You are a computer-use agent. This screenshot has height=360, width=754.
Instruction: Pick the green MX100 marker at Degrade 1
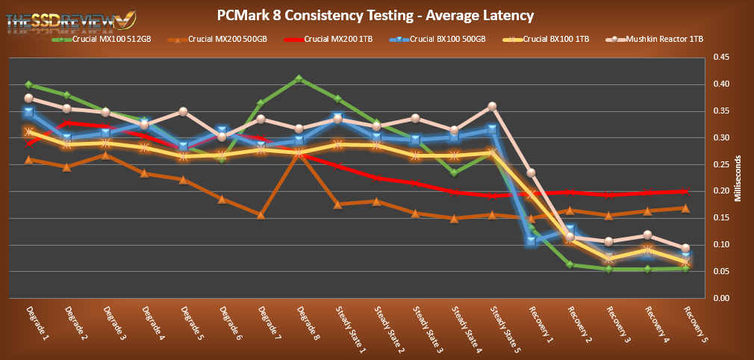(29, 84)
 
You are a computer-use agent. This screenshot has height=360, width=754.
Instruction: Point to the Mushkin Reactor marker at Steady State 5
(493, 106)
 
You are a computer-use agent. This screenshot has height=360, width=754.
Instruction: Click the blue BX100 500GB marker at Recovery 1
(531, 240)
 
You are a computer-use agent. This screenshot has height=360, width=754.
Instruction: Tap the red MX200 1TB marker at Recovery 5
(686, 191)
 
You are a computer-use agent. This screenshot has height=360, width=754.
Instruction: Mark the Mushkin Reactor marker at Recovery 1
(531, 173)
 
